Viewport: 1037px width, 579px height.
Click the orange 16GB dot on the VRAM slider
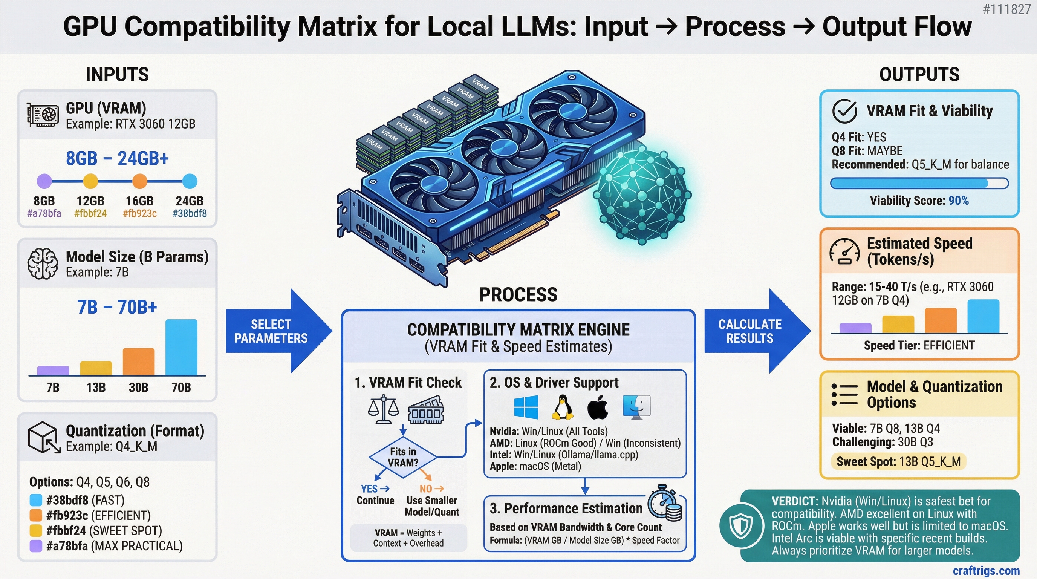pos(140,181)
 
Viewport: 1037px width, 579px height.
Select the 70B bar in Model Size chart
pos(181,348)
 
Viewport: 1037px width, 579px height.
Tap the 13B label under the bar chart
pos(96,388)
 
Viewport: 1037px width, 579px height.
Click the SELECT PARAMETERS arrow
pos(278,331)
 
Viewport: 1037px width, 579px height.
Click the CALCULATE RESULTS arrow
pos(756,331)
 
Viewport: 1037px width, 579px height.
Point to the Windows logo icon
pos(526,407)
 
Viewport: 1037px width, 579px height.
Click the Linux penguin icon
pos(562,407)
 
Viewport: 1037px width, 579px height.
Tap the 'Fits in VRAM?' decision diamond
pos(403,457)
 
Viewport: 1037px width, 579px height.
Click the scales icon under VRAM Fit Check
pos(383,409)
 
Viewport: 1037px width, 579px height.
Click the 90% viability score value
pos(959,201)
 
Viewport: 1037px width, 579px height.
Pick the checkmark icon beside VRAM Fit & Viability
pos(844,111)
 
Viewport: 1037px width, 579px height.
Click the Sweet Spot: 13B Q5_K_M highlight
pos(898,461)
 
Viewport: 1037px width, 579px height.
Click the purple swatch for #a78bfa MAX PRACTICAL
pos(36,546)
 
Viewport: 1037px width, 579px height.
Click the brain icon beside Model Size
pos(42,264)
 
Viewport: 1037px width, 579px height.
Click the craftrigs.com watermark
pos(986,571)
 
